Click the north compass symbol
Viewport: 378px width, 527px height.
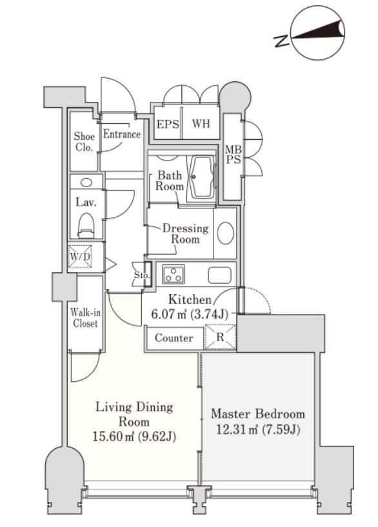pos(317,33)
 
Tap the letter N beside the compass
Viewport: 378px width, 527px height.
pos(281,41)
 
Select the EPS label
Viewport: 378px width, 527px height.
pos(168,124)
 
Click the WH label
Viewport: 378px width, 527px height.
pos(201,123)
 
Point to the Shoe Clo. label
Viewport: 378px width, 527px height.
pos(84,141)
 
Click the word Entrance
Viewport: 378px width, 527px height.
pos(122,134)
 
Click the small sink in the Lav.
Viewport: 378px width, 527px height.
pos(86,183)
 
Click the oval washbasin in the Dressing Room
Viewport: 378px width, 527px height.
pos(225,233)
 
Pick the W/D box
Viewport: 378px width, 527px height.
pos(80,257)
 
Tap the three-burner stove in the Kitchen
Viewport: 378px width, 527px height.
pos(174,274)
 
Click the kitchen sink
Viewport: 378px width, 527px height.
pos(219,275)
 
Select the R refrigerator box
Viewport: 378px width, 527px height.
pos(220,337)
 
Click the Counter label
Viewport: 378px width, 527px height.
pos(174,338)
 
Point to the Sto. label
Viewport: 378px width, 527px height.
pos(141,275)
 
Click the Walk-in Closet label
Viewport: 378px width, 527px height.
pos(85,318)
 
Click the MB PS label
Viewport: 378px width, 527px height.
pos(233,154)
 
